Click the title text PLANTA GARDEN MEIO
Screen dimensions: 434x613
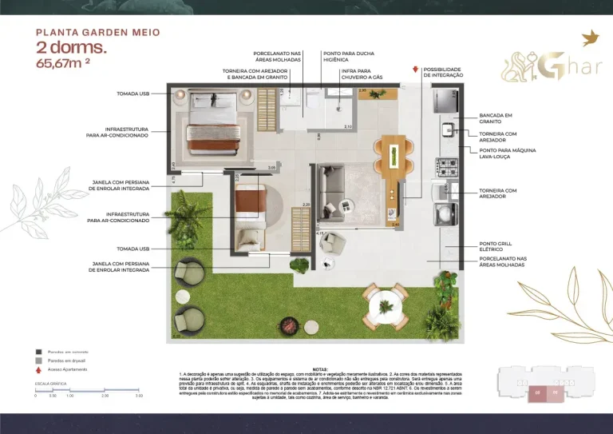98,33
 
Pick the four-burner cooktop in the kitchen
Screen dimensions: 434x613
445,167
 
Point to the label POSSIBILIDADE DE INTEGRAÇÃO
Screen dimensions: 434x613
442,72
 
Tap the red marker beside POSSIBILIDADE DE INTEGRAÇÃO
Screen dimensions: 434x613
415,70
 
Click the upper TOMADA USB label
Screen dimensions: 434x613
133,94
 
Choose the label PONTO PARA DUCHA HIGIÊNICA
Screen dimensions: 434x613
345,58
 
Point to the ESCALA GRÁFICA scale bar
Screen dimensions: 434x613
89,391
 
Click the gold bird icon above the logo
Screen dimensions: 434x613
591,38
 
